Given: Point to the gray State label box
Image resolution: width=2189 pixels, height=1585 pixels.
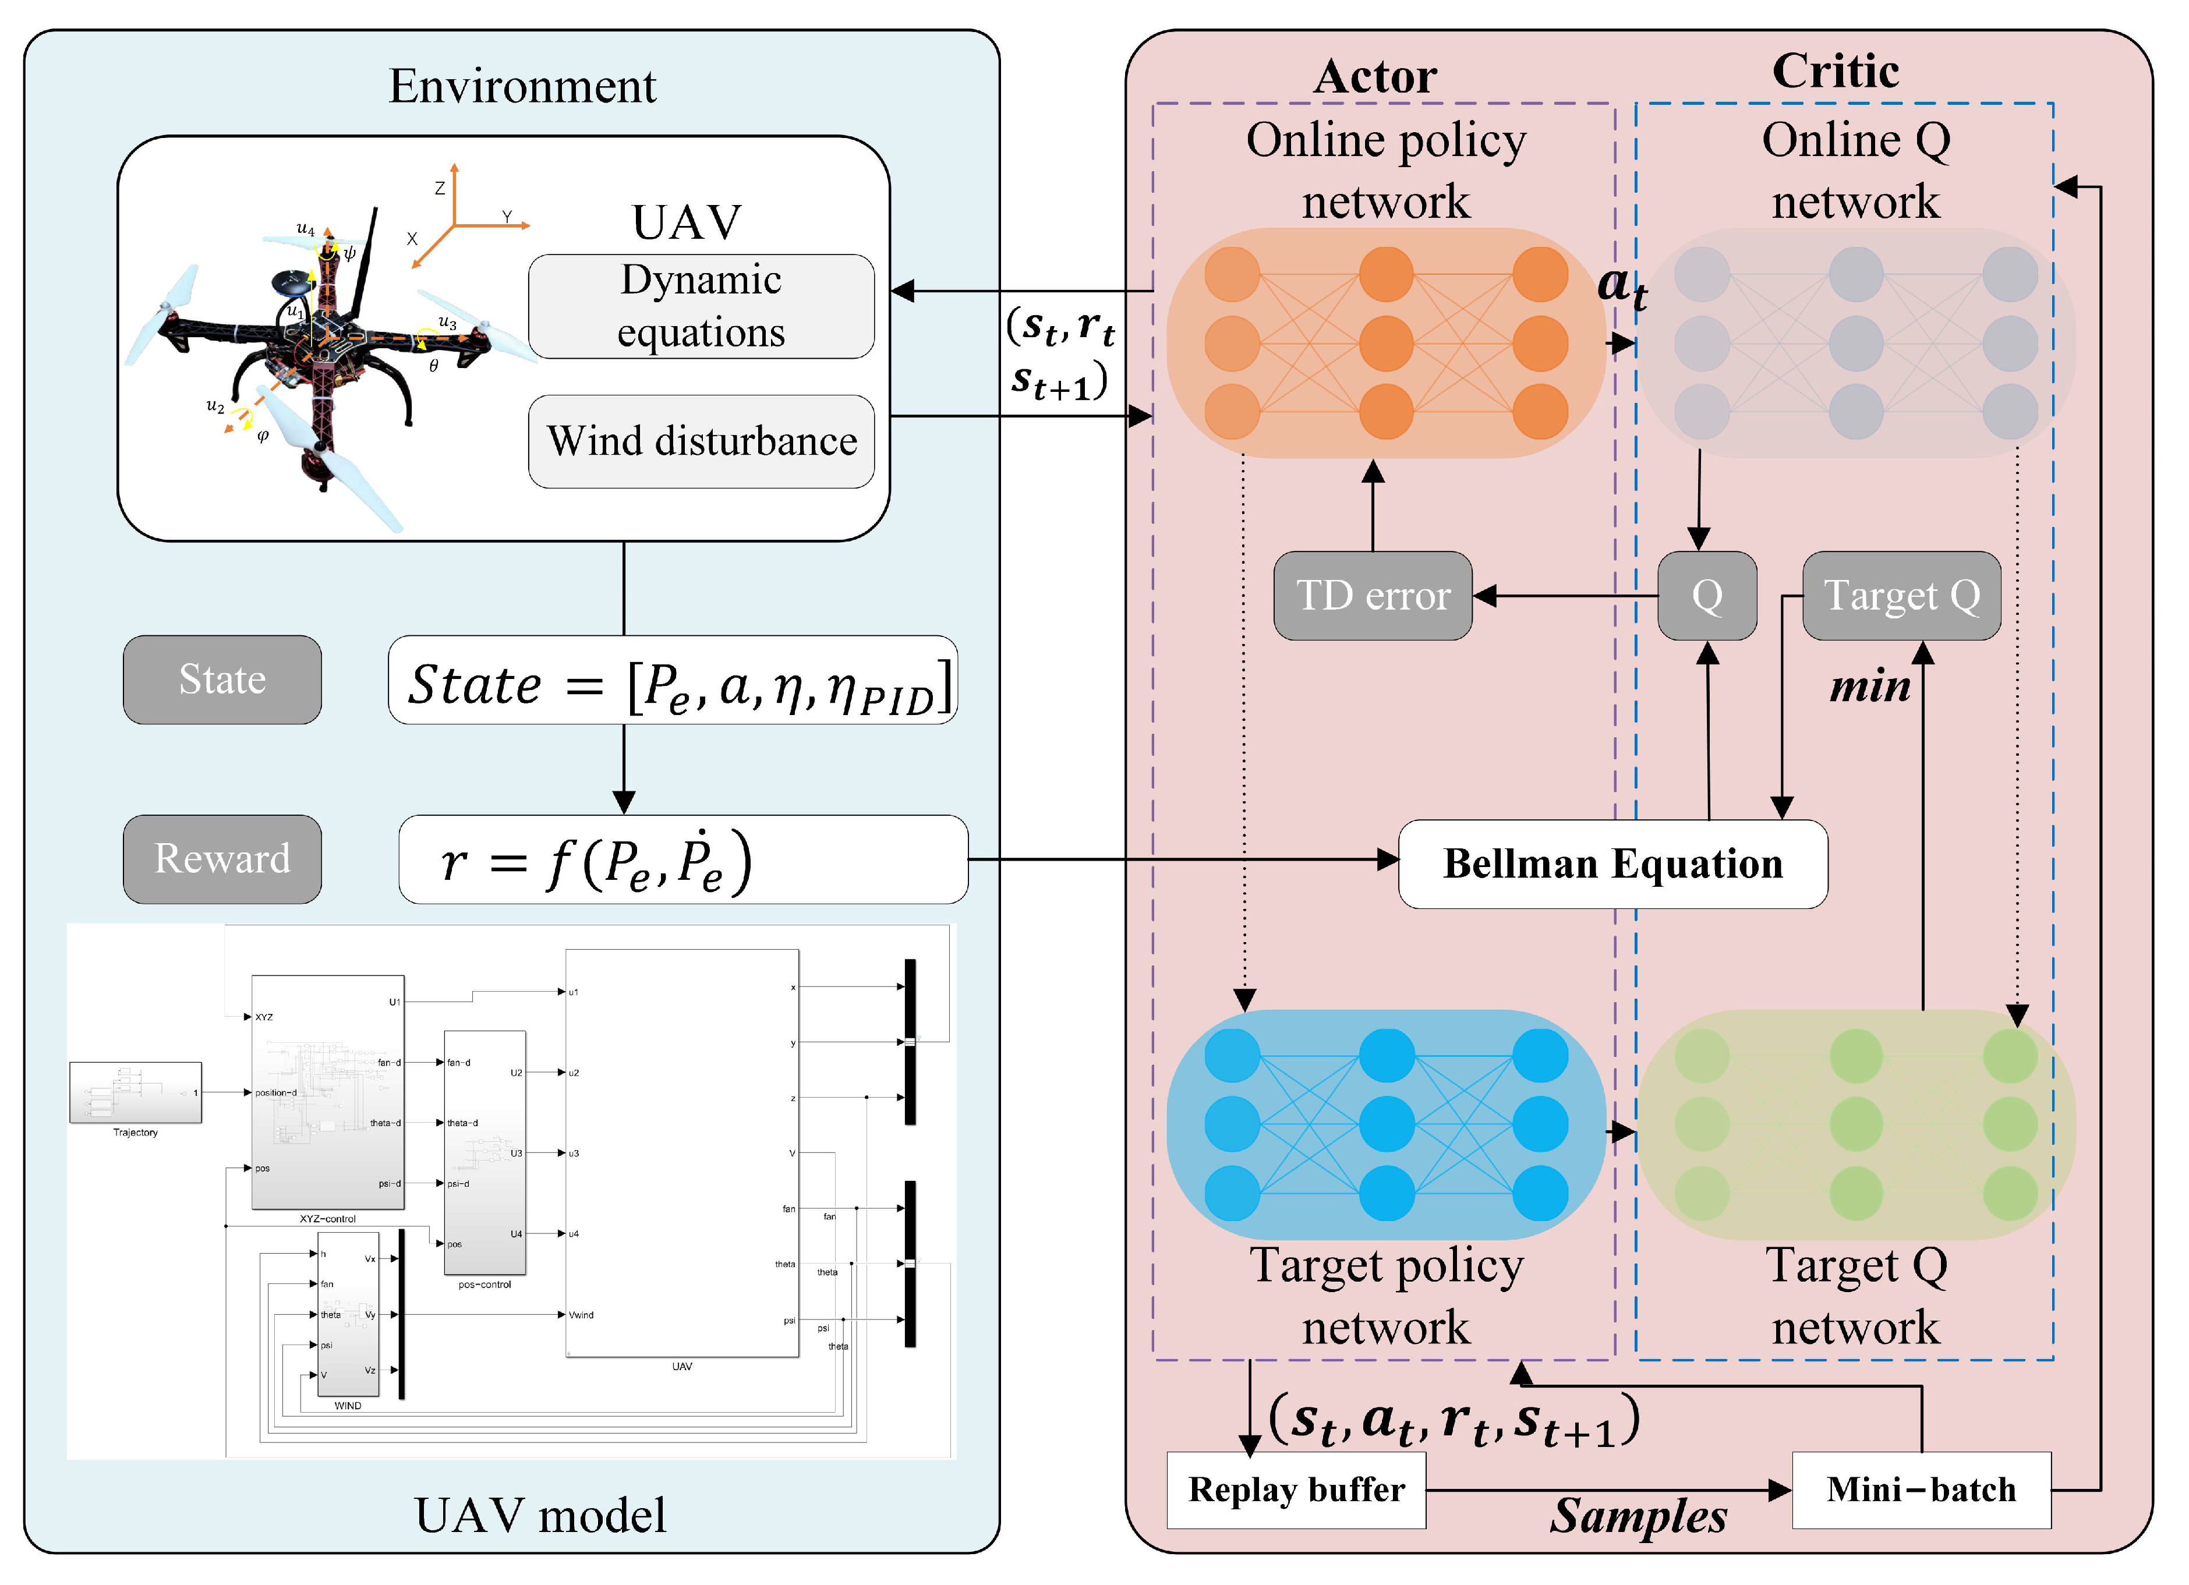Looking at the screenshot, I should click(x=222, y=680).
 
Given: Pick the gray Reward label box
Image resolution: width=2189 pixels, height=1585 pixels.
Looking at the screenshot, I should click(x=222, y=859).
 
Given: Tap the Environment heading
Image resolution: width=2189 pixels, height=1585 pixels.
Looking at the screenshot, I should click(x=522, y=86).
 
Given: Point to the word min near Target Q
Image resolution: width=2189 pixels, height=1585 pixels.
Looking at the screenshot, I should click(x=1869, y=687).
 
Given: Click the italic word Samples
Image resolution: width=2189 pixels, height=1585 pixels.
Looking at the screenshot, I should click(x=1638, y=1516).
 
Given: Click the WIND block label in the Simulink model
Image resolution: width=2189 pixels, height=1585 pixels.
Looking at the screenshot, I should click(x=348, y=1406).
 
